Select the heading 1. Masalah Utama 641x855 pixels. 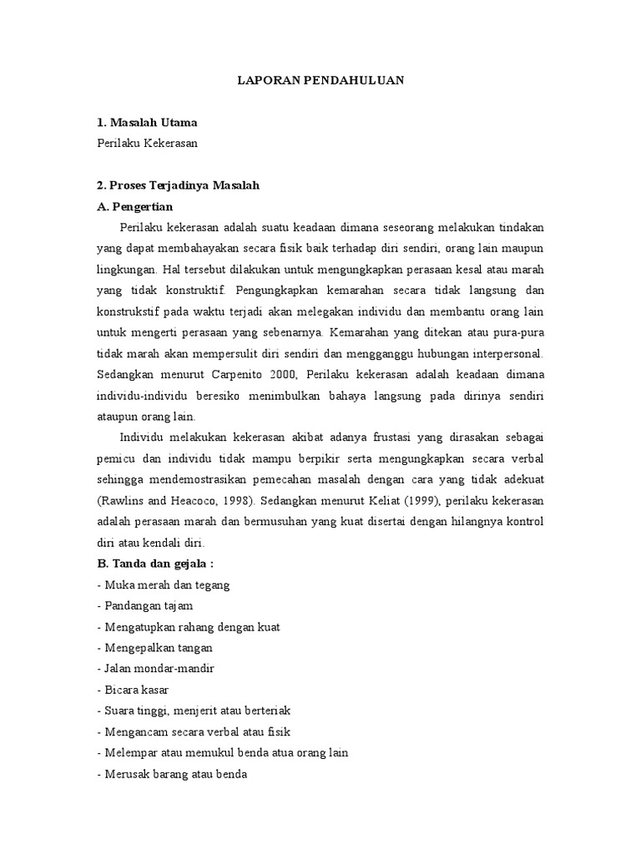tap(147, 122)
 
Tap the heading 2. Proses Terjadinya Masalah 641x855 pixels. tap(179, 185)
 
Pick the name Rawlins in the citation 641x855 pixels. tap(122, 501)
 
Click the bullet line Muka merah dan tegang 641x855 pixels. tap(164, 585)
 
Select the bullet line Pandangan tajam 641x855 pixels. tap(145, 606)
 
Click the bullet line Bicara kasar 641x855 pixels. tap(134, 690)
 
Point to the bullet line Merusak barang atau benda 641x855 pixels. tap(173, 774)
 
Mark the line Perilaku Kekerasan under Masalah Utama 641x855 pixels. tap(148, 143)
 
